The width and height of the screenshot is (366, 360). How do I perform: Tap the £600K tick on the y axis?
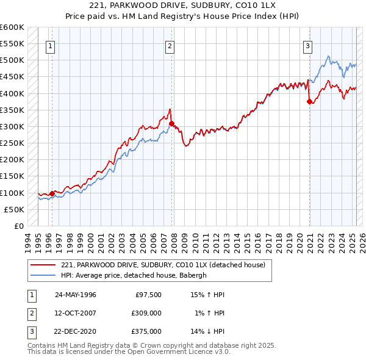12,27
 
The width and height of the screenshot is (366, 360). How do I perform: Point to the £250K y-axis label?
12,143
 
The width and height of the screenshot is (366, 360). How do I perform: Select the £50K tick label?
14,209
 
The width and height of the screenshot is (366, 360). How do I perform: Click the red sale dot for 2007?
171,123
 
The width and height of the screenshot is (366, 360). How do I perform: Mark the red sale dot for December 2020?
309,101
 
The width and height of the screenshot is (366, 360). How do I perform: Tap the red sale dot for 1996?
52,193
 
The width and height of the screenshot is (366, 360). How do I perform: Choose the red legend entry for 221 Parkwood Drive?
162,265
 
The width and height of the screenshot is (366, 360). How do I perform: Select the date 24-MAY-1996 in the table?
76,295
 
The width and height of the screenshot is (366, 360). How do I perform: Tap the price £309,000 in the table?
146,313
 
